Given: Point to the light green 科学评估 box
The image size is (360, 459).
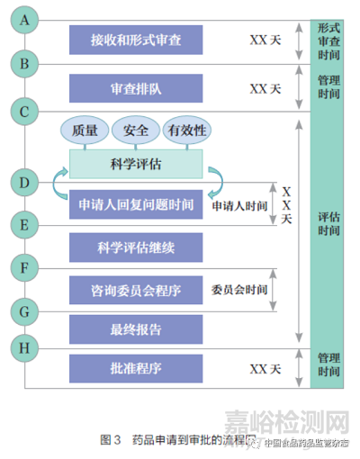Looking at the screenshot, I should [136, 164].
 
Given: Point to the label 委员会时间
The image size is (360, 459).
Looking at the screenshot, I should [239, 290].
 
